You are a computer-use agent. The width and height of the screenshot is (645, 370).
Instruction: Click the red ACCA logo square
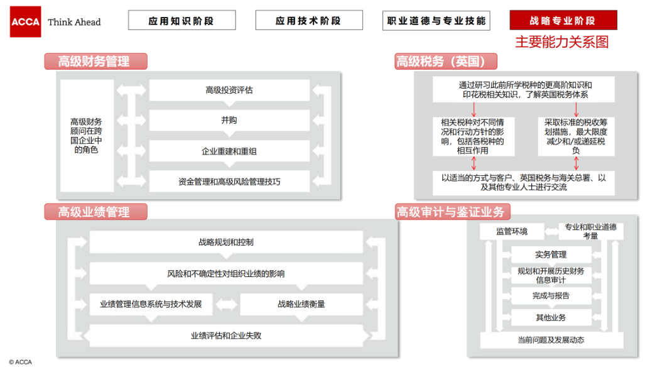26,22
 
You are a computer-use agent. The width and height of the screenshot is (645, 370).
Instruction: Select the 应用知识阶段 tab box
182,20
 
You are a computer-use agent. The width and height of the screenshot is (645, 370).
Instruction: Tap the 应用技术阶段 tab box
309,20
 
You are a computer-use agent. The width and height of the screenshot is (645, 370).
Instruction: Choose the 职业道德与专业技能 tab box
436,21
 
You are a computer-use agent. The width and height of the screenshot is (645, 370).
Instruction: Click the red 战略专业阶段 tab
563,20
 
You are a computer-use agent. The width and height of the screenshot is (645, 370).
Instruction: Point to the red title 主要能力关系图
562,42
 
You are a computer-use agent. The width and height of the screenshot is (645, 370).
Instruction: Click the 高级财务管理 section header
96,62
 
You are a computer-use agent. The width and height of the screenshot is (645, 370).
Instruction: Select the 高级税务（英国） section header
446,62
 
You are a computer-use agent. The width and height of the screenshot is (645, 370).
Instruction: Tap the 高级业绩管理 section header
96,212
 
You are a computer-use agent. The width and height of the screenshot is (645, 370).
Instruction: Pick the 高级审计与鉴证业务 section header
452,212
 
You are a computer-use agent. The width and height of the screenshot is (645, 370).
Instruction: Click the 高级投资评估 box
229,90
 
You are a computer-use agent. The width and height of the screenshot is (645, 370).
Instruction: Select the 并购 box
229,121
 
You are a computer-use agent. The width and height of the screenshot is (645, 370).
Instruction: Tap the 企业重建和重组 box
229,151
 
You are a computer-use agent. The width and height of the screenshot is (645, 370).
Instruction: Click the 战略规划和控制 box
226,242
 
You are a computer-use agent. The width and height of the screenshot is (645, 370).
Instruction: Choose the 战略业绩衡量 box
301,304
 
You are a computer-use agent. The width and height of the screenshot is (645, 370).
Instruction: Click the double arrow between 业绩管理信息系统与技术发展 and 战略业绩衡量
226,305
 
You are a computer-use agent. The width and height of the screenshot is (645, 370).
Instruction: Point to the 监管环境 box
512,231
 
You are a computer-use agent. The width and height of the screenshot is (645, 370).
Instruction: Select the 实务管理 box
551,255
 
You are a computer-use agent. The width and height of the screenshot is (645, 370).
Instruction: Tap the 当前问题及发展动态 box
551,340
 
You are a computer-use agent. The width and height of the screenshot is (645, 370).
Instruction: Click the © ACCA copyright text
21,362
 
